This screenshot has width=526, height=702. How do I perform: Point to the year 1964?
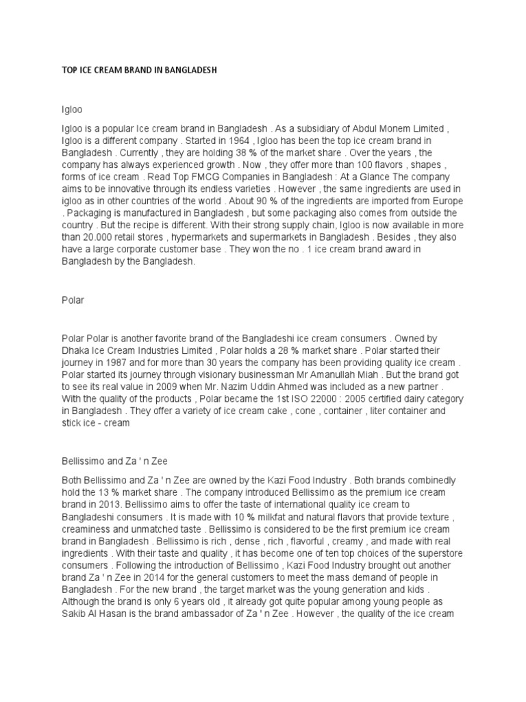click(x=195, y=140)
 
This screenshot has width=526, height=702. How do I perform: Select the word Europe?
click(x=448, y=201)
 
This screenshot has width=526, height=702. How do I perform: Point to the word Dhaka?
click(x=75, y=350)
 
